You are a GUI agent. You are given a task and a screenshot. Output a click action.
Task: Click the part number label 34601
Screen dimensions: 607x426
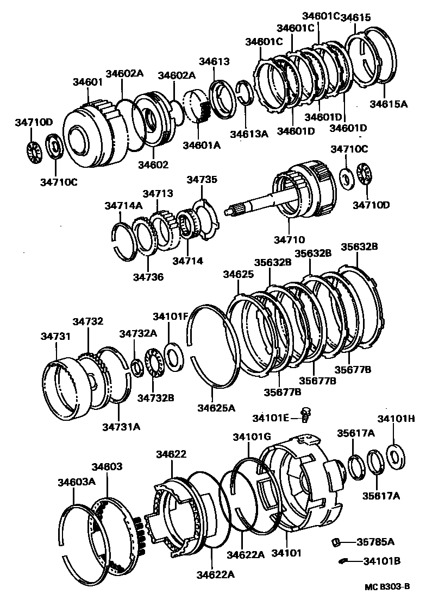(x=87, y=82)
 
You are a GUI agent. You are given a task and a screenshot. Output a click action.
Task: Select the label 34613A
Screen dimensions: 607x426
(x=249, y=134)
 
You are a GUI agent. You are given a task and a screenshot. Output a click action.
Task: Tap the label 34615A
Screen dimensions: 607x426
(x=389, y=104)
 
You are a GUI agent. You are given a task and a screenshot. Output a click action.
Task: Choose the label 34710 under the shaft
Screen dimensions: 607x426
(x=290, y=239)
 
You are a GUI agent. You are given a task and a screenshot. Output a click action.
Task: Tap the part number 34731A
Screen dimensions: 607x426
(x=121, y=426)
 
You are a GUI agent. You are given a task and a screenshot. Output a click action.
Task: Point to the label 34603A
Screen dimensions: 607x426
(x=77, y=481)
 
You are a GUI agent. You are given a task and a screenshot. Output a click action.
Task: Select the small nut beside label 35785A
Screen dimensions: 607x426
(x=336, y=541)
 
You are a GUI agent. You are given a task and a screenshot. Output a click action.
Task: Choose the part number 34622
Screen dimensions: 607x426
(x=171, y=454)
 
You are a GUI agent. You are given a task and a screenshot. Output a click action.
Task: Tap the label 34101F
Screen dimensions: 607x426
(x=171, y=316)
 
